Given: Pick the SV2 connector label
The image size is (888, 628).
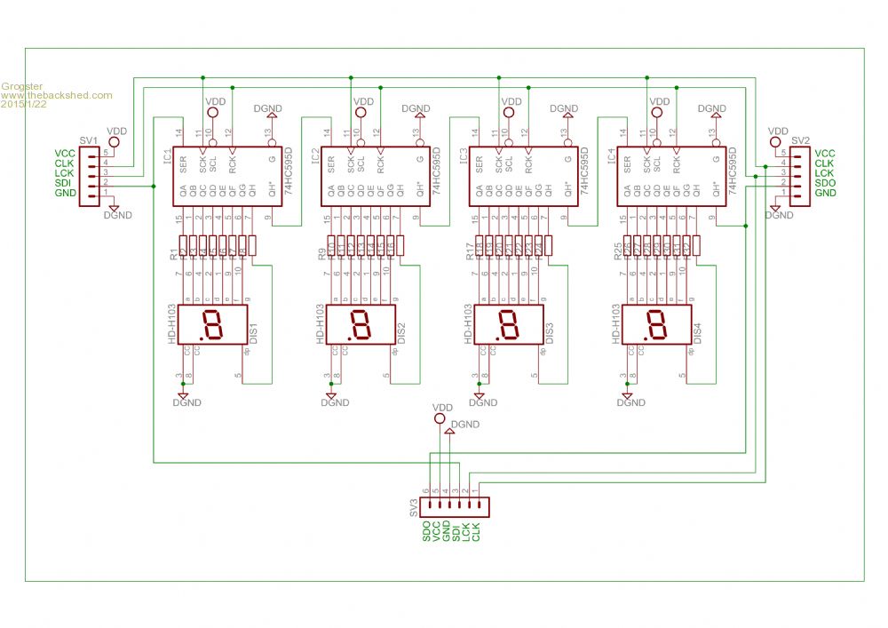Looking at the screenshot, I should (800, 141).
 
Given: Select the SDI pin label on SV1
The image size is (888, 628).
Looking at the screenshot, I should (64, 183).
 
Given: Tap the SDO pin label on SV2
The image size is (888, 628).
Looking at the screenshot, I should (824, 183).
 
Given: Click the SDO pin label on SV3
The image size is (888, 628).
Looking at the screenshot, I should (427, 532).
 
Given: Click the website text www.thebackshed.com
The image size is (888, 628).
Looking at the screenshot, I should (57, 95).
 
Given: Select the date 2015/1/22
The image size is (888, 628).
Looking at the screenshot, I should (25, 104).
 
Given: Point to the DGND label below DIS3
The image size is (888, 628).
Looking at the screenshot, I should (483, 402).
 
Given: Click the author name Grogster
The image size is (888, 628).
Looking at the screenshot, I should (21, 86).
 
